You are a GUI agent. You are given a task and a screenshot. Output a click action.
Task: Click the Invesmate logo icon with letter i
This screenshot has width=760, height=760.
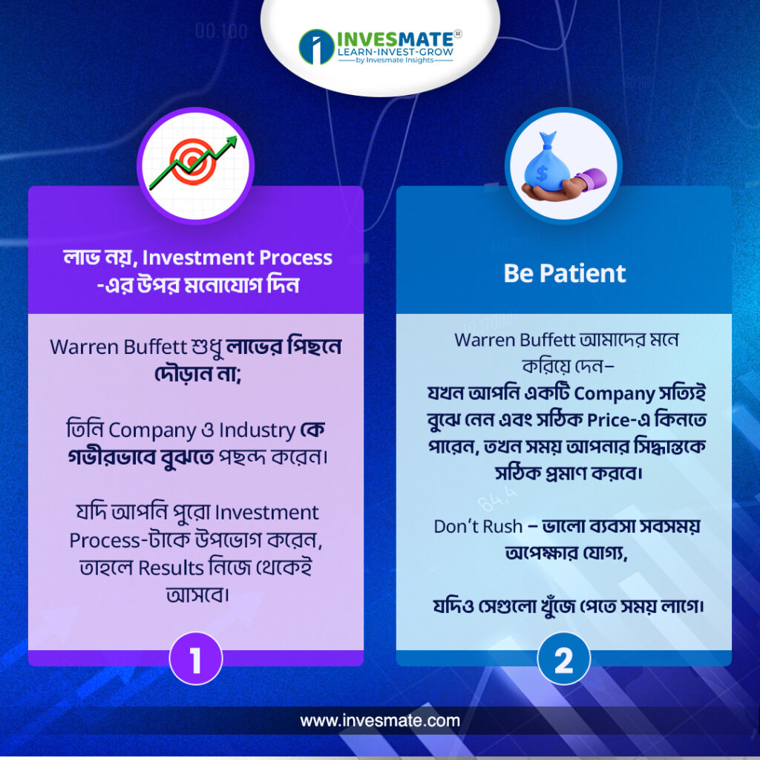click(316, 47)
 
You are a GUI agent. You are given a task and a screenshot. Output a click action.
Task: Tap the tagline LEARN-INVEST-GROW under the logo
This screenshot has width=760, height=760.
click(395, 51)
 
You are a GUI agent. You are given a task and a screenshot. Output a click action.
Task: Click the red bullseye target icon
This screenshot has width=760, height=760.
click(193, 161)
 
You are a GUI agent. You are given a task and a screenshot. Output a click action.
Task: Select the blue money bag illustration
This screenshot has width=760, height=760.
click(547, 163)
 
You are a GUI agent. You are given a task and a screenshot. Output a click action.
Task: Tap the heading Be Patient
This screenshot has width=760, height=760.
click(564, 273)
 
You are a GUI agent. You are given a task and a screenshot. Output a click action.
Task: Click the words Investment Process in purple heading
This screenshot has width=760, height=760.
click(237, 258)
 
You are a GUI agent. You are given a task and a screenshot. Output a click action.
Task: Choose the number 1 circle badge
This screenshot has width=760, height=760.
click(196, 658)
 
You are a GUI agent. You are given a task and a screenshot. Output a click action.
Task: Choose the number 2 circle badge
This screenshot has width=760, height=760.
click(564, 658)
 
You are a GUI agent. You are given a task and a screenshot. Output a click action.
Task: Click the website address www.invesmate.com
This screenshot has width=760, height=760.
click(380, 721)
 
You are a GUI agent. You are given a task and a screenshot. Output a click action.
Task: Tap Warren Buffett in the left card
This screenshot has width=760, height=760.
click(118, 347)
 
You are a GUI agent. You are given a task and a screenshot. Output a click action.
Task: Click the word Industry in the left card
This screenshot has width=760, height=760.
click(257, 430)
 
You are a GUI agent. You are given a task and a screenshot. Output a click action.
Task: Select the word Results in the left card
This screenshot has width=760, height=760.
click(171, 568)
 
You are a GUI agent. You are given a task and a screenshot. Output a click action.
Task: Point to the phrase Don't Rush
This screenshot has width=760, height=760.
click(478, 526)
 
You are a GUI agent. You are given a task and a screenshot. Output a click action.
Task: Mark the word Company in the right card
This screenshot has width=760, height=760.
click(614, 393)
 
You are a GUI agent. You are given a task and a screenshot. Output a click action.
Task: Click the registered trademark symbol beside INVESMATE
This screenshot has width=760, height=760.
click(458, 34)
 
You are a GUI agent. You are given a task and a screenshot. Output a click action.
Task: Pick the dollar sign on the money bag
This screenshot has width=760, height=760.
click(542, 172)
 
